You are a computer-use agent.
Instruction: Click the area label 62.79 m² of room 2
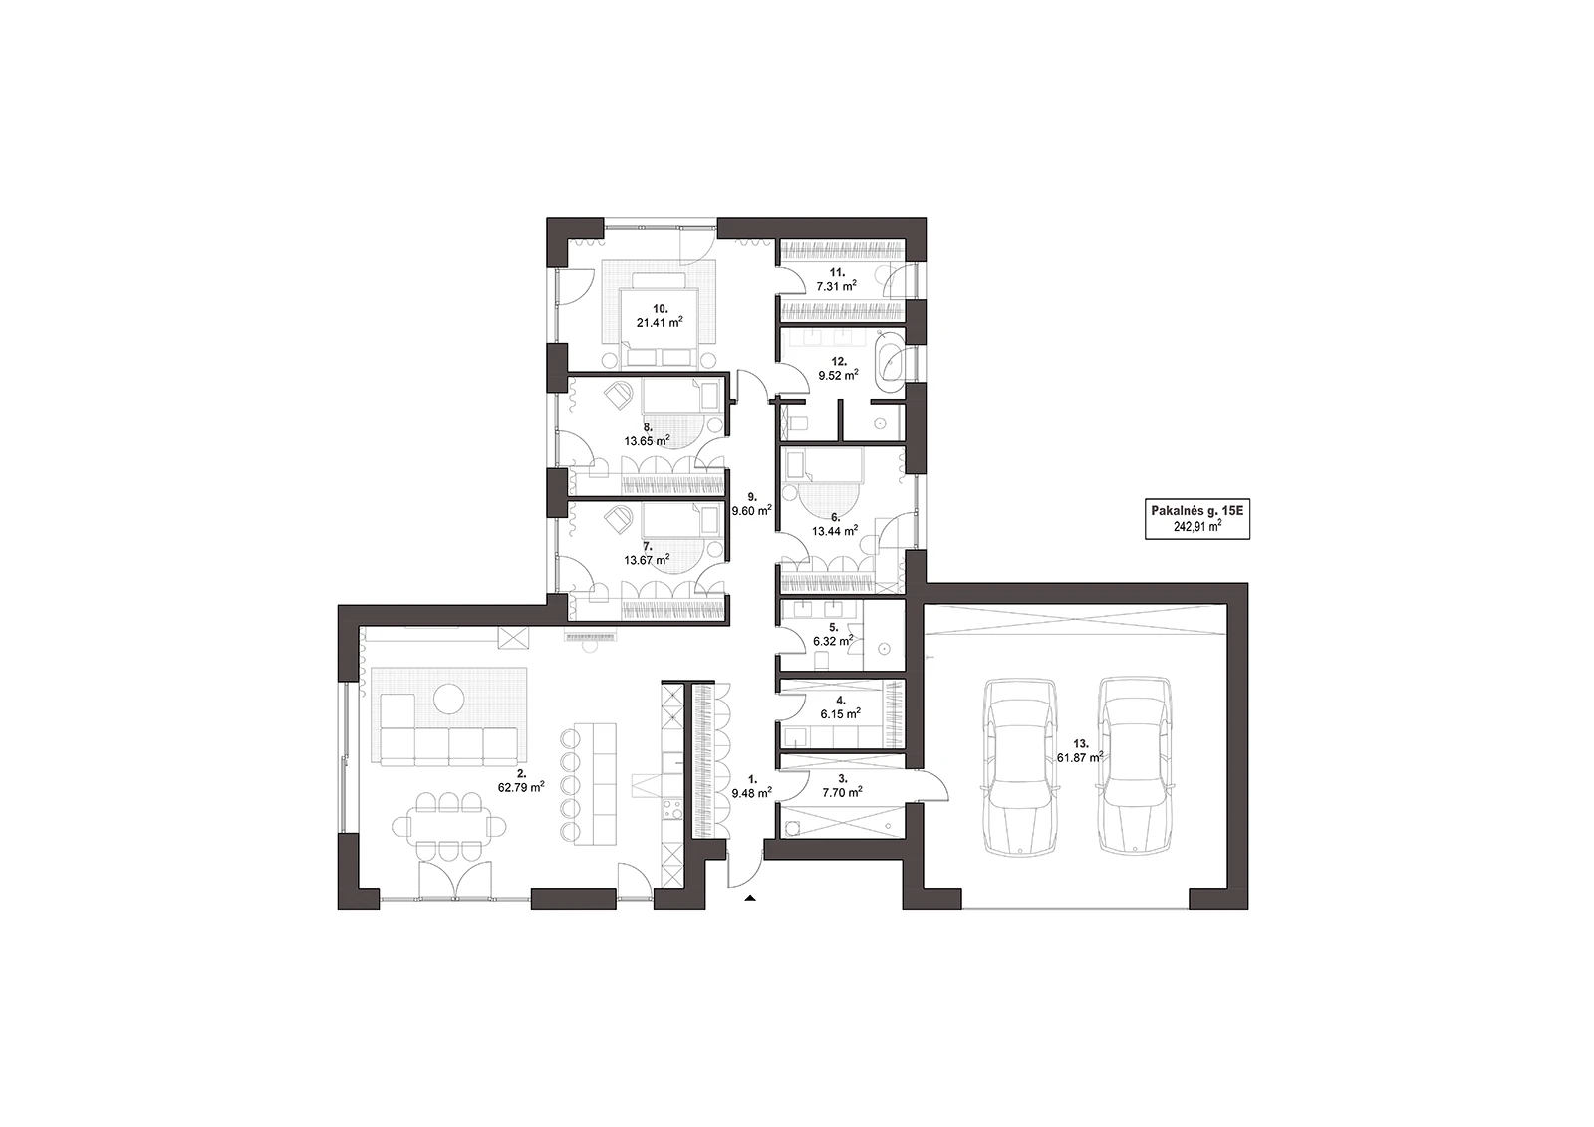tap(522, 786)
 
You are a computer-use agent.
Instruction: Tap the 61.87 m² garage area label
tap(1080, 757)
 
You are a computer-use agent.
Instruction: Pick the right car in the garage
tap(1135, 764)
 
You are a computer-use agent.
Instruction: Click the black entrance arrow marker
tap(749, 899)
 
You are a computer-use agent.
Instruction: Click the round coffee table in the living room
tap(449, 699)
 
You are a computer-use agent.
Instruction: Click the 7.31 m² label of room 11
tap(836, 286)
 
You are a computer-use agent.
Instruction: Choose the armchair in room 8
tap(618, 394)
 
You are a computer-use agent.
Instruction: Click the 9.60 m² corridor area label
tap(752, 510)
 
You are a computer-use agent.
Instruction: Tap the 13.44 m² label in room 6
tap(835, 530)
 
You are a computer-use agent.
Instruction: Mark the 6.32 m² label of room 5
tap(833, 641)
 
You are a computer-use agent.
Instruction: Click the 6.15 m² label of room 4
tap(841, 713)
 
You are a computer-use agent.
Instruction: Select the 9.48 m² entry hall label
tap(752, 792)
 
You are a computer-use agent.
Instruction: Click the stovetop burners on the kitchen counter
tap(672, 810)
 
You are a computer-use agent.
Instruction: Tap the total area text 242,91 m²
tap(1197, 527)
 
